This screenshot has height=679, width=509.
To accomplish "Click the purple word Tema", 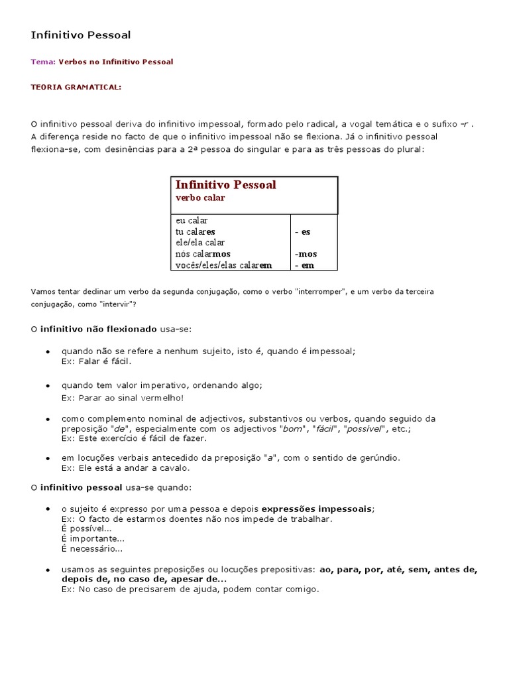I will coord(42,62).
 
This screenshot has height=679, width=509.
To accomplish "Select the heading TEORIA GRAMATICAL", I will coord(76,87).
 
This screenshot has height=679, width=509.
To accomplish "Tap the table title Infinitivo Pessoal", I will coord(225,185).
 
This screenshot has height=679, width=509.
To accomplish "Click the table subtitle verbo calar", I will coord(200,198).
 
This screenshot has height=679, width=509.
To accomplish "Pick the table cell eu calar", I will coord(192,220).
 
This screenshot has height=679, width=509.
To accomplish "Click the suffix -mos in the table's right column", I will coord(306,254).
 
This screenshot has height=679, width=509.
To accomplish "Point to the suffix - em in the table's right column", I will coord(305,265).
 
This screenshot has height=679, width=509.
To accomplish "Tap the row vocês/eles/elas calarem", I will coord(223,265).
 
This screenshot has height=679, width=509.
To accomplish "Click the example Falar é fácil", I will coord(97,361).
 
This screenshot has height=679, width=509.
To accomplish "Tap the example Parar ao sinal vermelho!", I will coord(123,397).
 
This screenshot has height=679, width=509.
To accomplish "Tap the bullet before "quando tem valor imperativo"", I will coord(48,386).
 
